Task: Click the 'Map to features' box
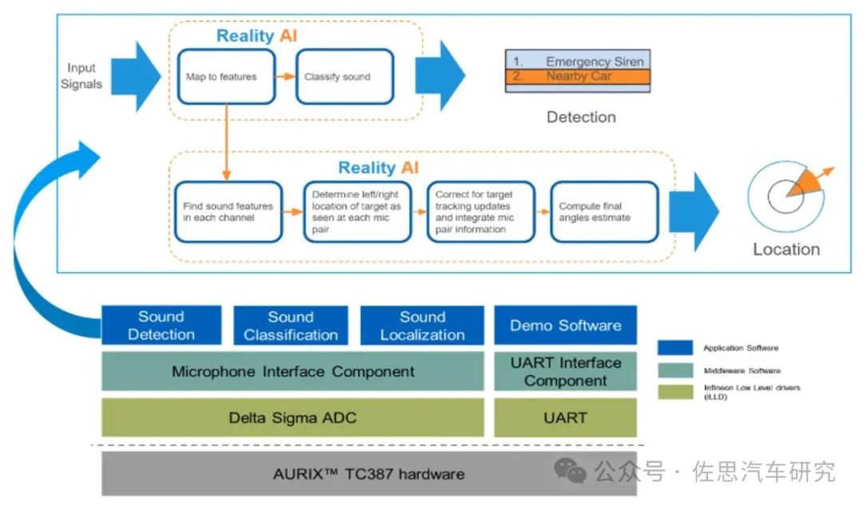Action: click(226, 77)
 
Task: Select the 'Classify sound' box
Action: click(344, 77)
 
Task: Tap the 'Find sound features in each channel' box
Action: click(229, 211)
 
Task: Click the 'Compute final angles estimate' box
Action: click(604, 211)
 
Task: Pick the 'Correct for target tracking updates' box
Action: click(481, 211)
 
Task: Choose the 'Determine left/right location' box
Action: click(357, 211)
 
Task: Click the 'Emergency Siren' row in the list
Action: click(578, 61)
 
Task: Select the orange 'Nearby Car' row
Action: click(578, 76)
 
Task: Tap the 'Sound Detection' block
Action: click(161, 325)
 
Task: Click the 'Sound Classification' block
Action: click(291, 325)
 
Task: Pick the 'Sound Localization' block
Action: click(422, 325)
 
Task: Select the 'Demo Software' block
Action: click(565, 325)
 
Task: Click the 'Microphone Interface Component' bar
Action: click(292, 372)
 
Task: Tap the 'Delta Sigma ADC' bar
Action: click(292, 418)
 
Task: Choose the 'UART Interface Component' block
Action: click(565, 372)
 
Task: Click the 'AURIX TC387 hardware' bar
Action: click(368, 473)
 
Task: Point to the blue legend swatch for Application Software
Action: click(674, 348)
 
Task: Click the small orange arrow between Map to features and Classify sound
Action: click(285, 77)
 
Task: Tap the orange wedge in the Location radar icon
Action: click(805, 183)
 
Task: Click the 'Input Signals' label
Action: click(82, 76)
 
